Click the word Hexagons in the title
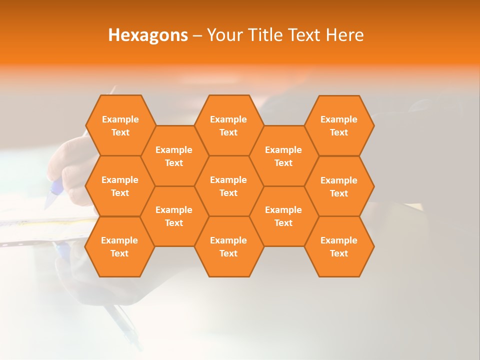pyautogui.click(x=148, y=35)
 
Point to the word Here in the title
pyautogui.click(x=344, y=35)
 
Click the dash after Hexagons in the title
pyautogui.click(x=197, y=35)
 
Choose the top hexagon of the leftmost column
pyautogui.click(x=120, y=125)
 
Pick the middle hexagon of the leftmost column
pyautogui.click(x=120, y=186)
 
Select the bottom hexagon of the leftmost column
pyautogui.click(x=119, y=246)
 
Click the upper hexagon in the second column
pyautogui.click(x=174, y=156)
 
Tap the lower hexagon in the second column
pyautogui.click(x=174, y=216)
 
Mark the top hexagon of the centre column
pyautogui.click(x=228, y=125)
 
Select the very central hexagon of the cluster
pyautogui.click(x=228, y=186)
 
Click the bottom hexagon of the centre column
pyautogui.click(x=228, y=246)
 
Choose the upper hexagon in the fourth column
pyautogui.click(x=283, y=156)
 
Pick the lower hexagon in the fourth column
pyautogui.click(x=283, y=216)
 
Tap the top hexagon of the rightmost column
pyautogui.click(x=339, y=125)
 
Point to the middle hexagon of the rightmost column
pyautogui.click(x=339, y=186)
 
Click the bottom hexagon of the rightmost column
pyautogui.click(x=339, y=246)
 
